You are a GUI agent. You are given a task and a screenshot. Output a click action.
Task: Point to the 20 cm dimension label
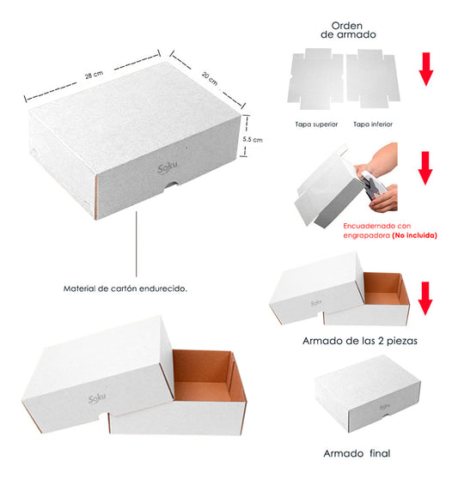(208, 76)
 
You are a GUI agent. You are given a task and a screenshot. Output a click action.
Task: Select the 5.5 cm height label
(252, 138)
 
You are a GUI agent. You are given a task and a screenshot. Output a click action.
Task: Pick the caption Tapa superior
(317, 124)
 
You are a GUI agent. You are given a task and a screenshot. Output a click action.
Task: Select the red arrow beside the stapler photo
(425, 168)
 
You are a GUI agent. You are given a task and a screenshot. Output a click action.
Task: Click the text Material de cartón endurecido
(125, 288)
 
